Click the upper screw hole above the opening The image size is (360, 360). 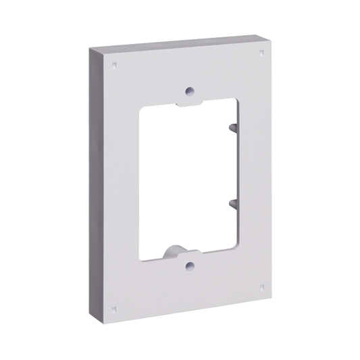click(x=190, y=90)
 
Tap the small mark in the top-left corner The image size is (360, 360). click(x=114, y=66)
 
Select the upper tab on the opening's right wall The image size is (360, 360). click(x=232, y=126)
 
